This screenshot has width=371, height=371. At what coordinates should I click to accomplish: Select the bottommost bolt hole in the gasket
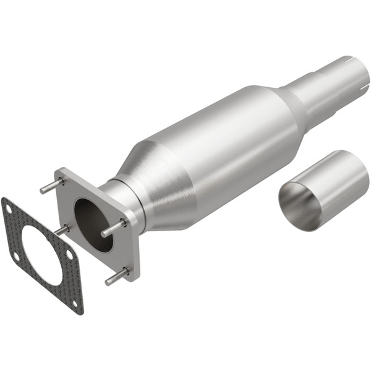[x=75, y=304]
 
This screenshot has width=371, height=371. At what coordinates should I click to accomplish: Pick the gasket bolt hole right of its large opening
[x=69, y=254]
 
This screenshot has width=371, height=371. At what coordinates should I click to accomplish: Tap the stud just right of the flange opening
[x=114, y=228]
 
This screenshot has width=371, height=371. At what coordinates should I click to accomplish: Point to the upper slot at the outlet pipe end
[x=348, y=60]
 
